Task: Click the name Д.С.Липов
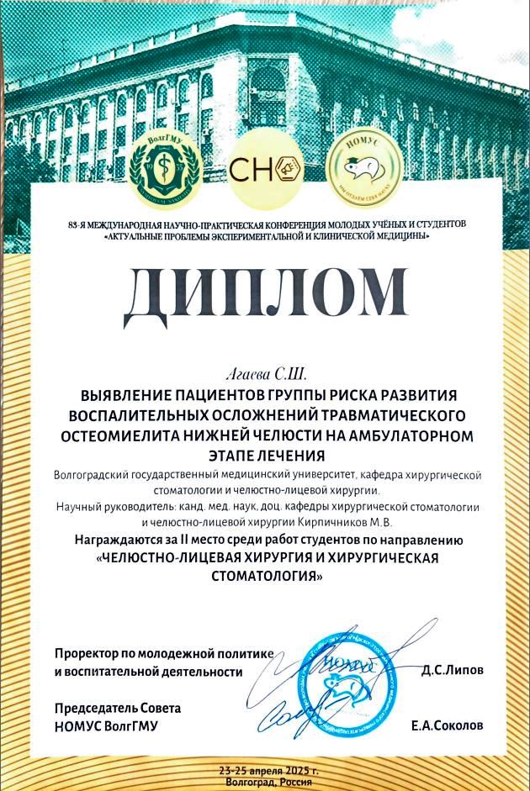coord(453,671)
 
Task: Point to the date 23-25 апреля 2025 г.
coord(268,771)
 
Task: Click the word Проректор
coord(89,653)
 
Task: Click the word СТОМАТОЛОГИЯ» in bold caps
coord(264,576)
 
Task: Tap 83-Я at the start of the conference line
coord(77,224)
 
